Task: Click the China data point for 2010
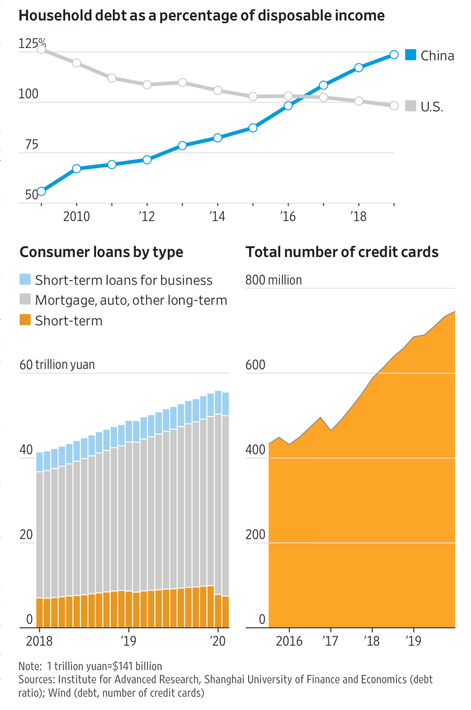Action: point(77,169)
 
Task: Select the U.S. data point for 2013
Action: point(182,83)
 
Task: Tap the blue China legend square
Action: point(410,55)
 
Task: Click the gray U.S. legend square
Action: point(410,106)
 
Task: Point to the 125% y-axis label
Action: point(32,43)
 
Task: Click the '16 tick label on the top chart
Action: point(288,217)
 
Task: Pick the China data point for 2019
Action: point(394,55)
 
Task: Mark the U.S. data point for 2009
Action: point(41,49)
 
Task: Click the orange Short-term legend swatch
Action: point(25,320)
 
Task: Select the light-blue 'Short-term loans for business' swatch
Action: point(25,279)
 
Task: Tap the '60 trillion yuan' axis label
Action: point(57,365)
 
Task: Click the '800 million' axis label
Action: point(274,280)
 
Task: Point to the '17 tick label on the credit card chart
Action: point(330,641)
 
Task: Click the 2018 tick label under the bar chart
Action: point(39,641)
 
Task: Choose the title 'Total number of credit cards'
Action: point(342,252)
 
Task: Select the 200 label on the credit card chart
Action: point(255,534)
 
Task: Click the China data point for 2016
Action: point(288,106)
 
